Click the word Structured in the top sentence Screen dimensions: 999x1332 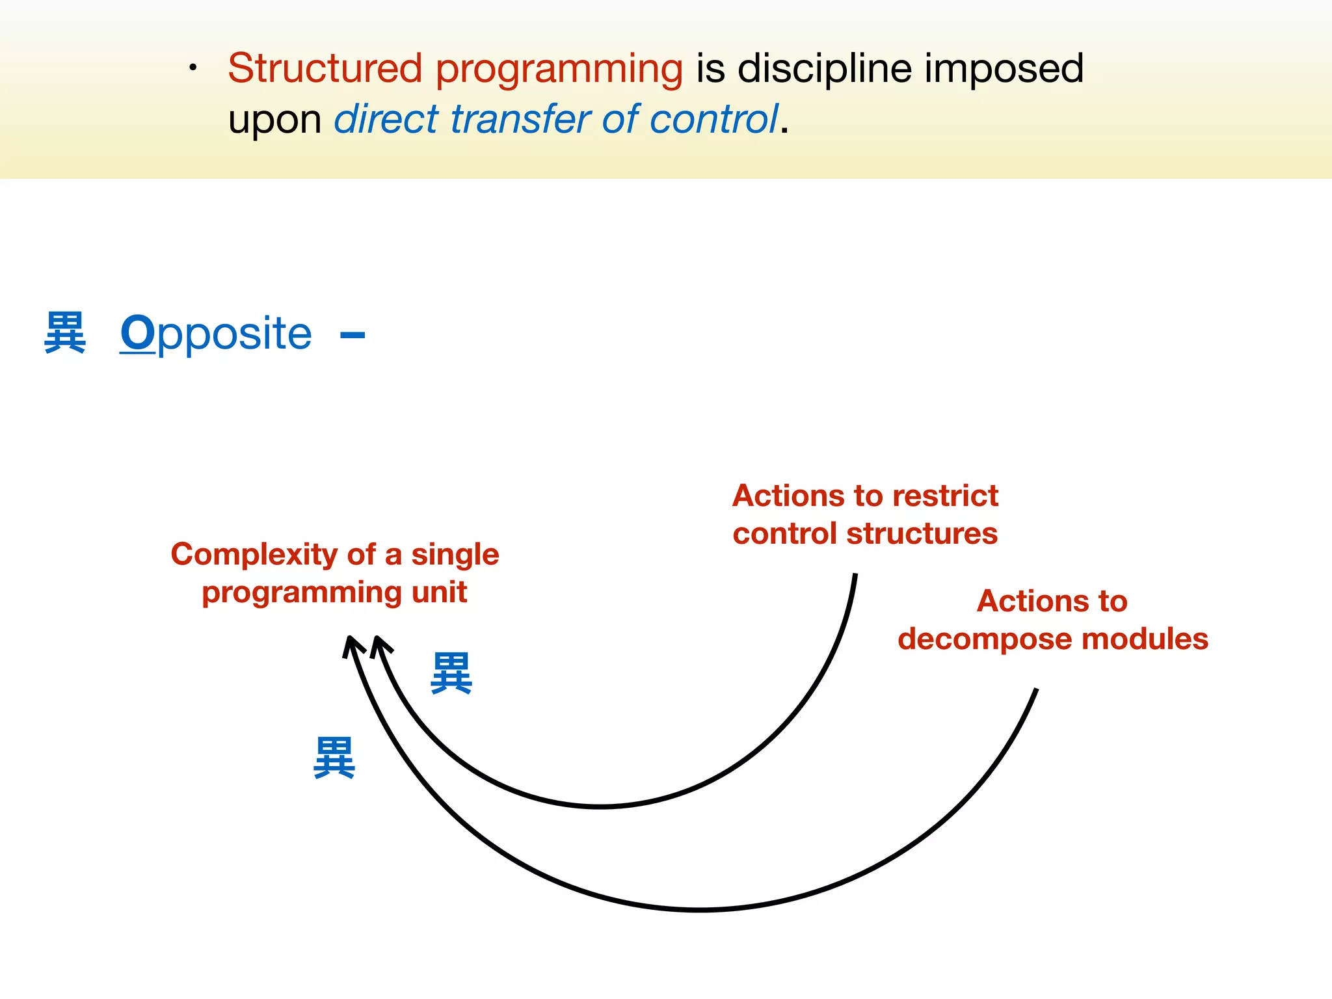coord(325,68)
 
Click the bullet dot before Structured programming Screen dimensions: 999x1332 coord(193,68)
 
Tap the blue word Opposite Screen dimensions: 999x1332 coord(216,334)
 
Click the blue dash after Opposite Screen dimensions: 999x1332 coord(353,336)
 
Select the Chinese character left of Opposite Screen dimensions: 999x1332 coord(65,332)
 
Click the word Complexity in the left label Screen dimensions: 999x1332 coord(254,555)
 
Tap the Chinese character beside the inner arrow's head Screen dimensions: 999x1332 coord(451,673)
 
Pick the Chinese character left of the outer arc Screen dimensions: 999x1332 coord(334,758)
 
